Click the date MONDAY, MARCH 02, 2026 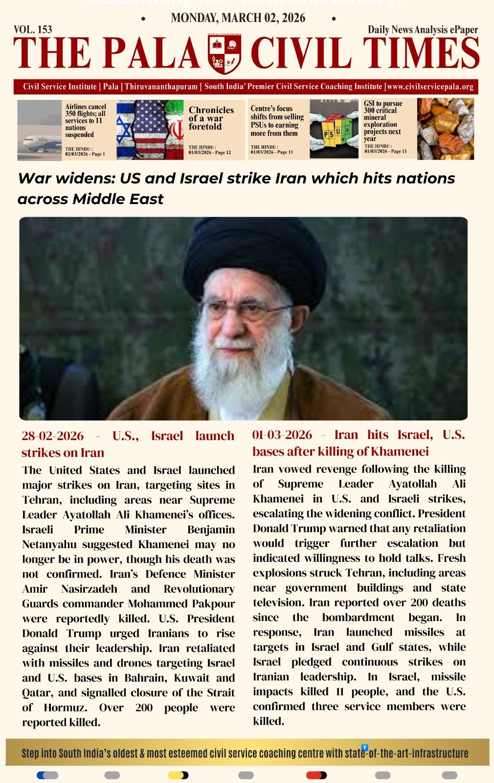coord(238,18)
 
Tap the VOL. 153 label coord(33,29)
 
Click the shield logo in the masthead coord(225,53)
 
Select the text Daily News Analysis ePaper coord(423,29)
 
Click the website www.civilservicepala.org coord(430,87)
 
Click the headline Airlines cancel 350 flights coord(85,120)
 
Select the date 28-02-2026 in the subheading coord(52,436)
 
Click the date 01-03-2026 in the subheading coord(282,435)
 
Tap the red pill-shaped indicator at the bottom coord(316,775)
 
